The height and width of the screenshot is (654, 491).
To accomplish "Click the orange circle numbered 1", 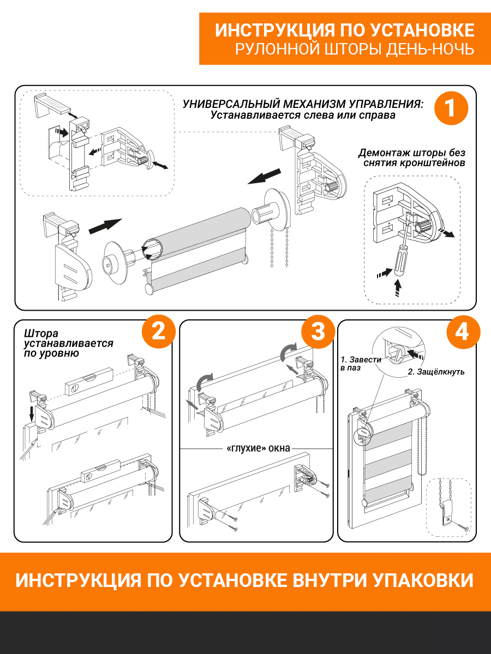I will point(451,108).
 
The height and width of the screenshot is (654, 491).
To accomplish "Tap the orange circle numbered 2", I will point(158,331).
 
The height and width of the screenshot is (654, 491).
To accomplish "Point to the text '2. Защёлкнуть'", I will point(436,372).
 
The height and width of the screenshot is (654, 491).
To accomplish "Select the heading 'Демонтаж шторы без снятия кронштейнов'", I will point(412,158).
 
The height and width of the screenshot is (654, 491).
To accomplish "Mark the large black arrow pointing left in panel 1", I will point(264,177).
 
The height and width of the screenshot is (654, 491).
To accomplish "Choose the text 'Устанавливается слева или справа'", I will point(303,116).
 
